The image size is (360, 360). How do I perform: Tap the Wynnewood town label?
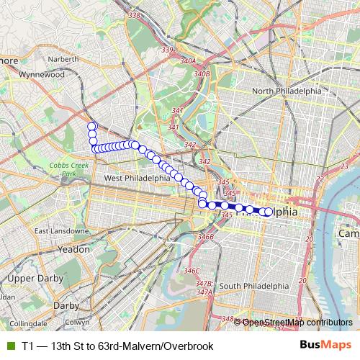42,74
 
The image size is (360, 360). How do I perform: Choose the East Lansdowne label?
60,231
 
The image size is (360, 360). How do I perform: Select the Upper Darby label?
30,278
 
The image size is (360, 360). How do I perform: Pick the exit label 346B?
207,236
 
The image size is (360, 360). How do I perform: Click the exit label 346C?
191,271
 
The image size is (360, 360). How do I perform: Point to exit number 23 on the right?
343,167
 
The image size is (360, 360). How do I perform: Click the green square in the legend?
9,346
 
